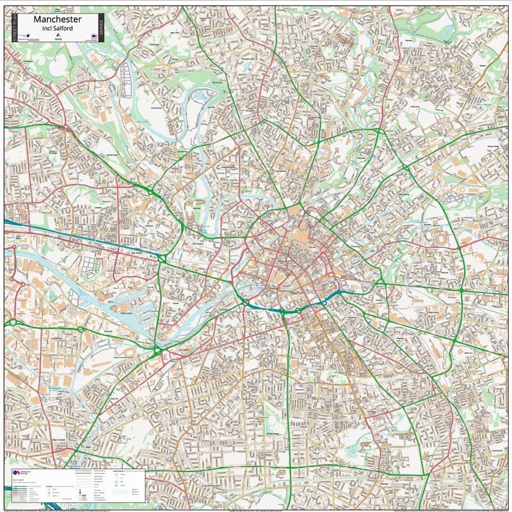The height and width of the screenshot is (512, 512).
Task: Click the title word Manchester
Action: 58,20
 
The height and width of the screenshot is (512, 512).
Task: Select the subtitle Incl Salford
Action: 58,29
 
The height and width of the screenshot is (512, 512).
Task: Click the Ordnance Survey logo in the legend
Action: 16,475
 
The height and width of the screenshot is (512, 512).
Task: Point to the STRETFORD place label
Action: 59,439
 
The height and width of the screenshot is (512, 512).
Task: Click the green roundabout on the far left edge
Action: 11,323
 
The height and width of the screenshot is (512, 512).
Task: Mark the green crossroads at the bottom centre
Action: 289,468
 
